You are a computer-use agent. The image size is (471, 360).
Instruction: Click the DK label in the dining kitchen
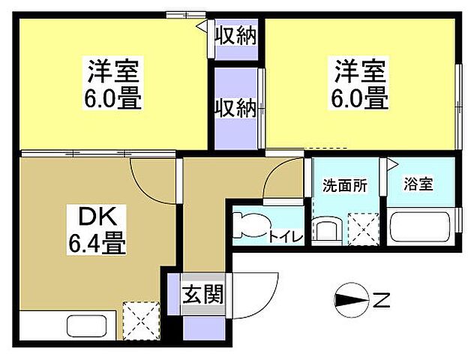click(97, 218)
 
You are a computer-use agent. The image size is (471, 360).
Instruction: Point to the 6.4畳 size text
click(97, 243)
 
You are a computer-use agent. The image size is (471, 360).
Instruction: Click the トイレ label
click(285, 237)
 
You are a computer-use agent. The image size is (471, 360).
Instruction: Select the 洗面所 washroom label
click(345, 185)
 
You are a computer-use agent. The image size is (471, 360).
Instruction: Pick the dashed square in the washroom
click(363, 229)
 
